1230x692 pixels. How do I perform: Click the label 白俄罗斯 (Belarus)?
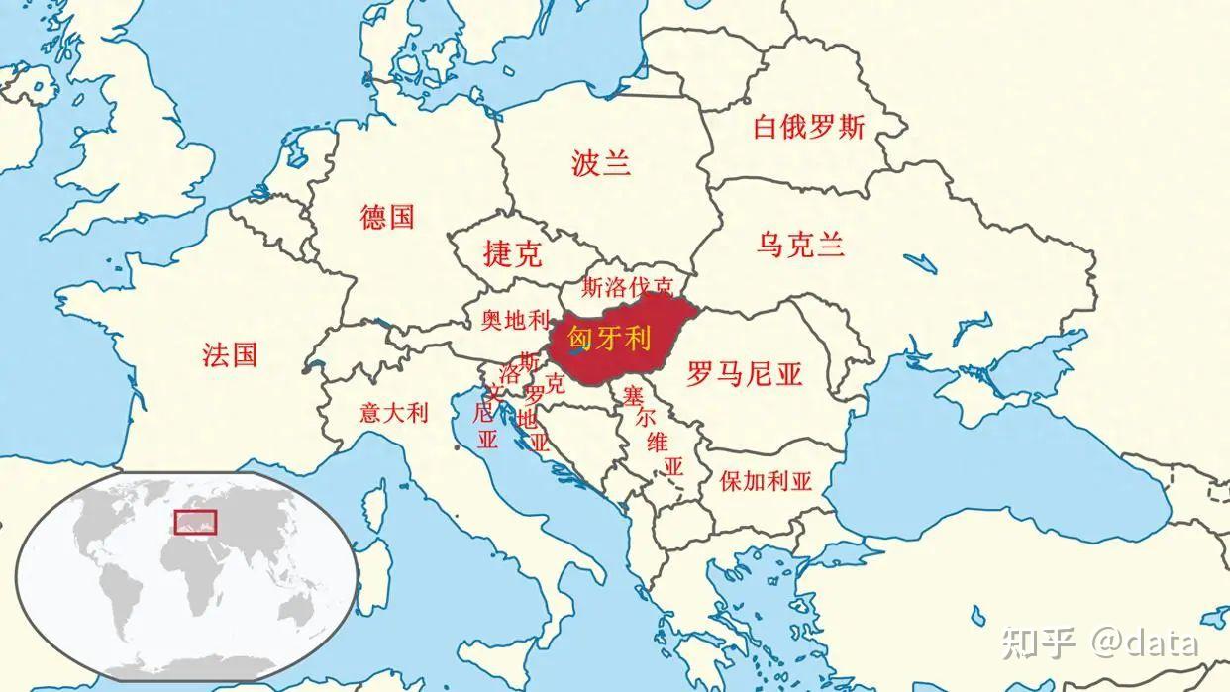808,127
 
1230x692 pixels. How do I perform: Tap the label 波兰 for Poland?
601,163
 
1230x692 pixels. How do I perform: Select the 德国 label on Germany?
387,217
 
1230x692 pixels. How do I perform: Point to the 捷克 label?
512,254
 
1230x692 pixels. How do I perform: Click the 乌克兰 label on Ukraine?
800,245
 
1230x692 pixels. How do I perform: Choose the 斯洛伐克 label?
627,288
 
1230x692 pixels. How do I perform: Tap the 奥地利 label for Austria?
514,320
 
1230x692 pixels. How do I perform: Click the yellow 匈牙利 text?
609,340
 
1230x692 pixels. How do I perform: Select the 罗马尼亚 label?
744,374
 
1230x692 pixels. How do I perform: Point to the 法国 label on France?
230,354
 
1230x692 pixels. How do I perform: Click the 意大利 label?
393,412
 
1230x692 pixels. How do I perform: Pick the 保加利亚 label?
766,482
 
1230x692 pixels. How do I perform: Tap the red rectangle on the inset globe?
195,521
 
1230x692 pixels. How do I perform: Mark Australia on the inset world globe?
298,608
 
